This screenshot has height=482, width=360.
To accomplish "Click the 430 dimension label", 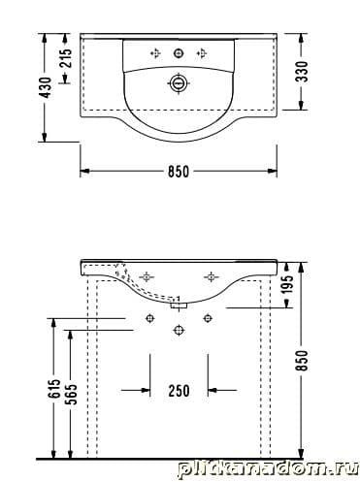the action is [x=47, y=87].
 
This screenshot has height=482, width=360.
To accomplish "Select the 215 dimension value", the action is [x=67, y=57].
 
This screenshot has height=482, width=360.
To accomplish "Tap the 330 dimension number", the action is [x=303, y=72].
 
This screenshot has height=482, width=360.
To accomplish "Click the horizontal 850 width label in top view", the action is [x=179, y=171].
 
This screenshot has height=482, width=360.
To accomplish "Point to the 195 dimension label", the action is [x=287, y=284].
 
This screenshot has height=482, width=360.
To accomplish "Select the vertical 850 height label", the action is [x=302, y=361].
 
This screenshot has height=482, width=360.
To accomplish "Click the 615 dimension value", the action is [x=55, y=388].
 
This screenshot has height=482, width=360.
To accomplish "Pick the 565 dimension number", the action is [x=72, y=394].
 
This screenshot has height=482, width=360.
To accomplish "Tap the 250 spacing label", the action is [x=179, y=391].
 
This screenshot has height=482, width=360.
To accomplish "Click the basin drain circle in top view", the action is [x=179, y=83].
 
